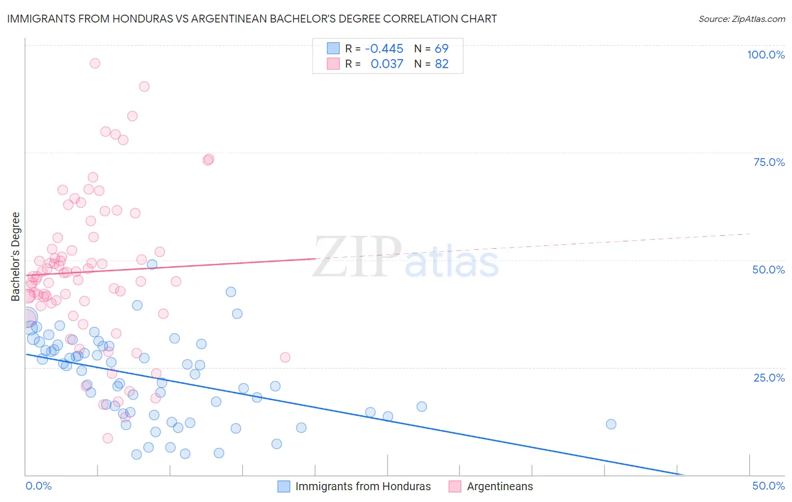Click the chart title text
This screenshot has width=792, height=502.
click(252, 19)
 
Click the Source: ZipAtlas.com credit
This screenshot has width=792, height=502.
click(741, 19)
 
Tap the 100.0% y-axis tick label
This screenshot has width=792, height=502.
click(766, 55)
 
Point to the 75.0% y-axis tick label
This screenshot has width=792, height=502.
click(769, 162)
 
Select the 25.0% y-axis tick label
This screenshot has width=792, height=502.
click(769, 377)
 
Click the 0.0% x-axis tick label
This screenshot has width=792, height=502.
click(38, 486)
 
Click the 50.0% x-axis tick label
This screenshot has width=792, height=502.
click(768, 486)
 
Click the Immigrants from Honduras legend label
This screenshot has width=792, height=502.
click(363, 486)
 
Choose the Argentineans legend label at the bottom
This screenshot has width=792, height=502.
click(500, 486)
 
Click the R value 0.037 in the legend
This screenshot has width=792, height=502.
click(387, 64)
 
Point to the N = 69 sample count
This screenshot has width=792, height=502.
click(431, 48)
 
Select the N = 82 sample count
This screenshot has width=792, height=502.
click(431, 64)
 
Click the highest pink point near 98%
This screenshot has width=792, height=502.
click(95, 63)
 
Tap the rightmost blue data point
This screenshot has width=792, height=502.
click(611, 424)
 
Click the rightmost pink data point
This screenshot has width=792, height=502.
click(285, 357)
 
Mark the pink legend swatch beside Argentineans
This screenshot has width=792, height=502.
click(455, 486)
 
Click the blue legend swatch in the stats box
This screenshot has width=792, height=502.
click(333, 48)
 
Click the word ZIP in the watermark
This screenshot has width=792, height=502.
click(357, 257)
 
